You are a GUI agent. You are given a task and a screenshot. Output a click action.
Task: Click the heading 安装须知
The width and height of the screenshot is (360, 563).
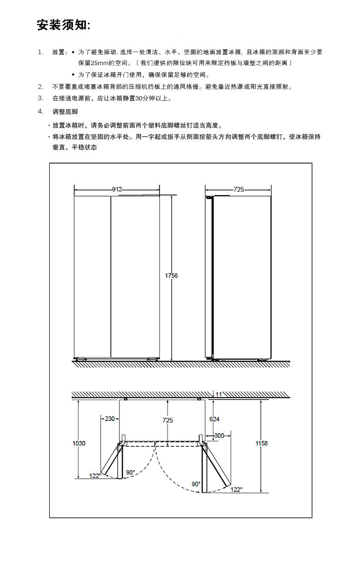pos(63,26)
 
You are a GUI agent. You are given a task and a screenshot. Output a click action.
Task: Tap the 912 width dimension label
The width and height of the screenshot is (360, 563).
pos(117,189)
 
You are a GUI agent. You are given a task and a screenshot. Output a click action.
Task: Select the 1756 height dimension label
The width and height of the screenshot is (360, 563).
pos(171,276)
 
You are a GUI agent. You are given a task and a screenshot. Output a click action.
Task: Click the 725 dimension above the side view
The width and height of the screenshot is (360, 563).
pos(238,189)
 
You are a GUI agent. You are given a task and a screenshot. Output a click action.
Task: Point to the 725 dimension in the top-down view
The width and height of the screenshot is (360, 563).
pos(167,420)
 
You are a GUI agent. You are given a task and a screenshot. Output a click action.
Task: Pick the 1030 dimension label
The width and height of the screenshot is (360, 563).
pos(79,443)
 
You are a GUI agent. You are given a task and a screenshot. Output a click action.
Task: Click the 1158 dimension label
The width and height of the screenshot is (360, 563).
pos(262,443)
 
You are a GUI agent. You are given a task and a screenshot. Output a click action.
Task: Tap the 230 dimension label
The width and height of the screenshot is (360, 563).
pos(110,419)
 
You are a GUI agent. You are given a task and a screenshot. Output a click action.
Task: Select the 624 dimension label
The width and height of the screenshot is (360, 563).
pos(214,419)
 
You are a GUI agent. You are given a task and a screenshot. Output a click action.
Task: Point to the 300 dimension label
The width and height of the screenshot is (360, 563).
pos(219,435)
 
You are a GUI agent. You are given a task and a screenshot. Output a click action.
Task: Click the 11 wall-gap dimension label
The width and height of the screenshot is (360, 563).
pos(219,394)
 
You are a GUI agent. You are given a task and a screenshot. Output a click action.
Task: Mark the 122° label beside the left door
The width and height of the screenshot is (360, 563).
pos(95,476)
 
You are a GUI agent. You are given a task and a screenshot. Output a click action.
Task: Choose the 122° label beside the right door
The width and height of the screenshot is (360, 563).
pos(236,489)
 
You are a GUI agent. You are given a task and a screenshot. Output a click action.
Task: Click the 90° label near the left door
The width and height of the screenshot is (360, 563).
pos(130,472)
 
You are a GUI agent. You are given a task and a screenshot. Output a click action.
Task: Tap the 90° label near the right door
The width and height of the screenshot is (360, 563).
pos(196,484)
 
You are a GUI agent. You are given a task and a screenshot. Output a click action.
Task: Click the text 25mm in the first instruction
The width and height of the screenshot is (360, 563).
pos(99,63)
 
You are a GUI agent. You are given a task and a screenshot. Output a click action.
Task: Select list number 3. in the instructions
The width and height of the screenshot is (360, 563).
pos(41,98)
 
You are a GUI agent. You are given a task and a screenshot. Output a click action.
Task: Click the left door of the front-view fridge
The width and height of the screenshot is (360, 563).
pos(93,276)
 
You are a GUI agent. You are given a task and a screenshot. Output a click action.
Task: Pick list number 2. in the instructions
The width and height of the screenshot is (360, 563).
pos(41,87)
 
